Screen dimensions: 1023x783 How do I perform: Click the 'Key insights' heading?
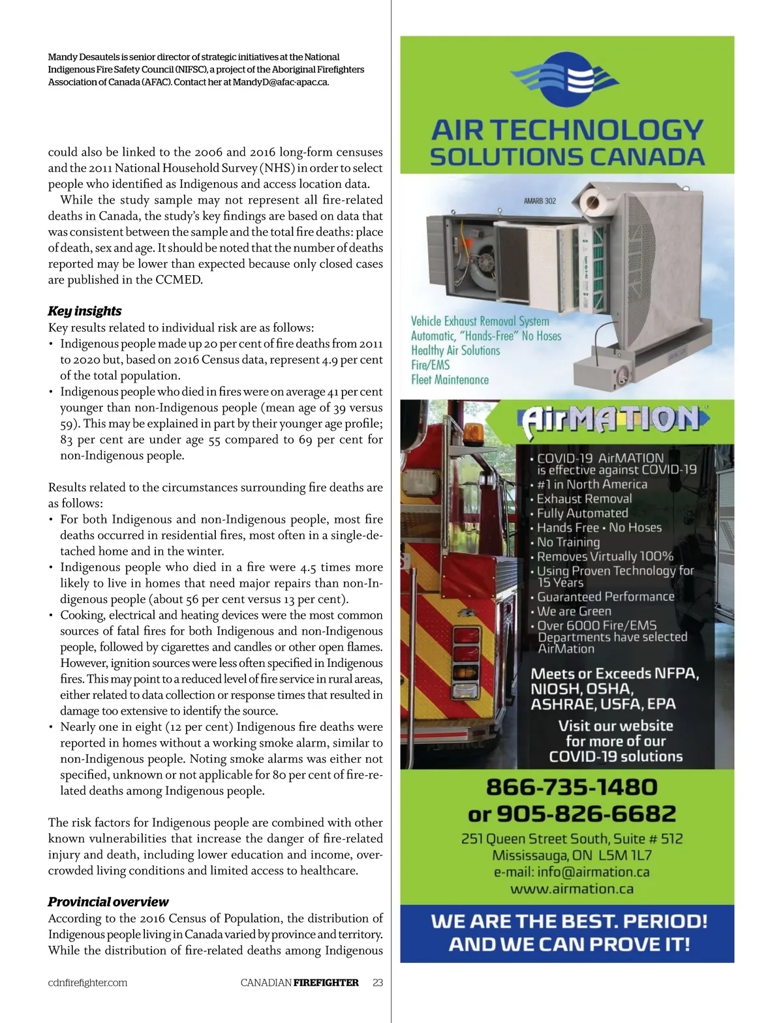pos(85,311)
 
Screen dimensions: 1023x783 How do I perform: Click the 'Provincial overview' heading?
pos(108,902)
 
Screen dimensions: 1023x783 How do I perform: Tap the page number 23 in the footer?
pos(378,983)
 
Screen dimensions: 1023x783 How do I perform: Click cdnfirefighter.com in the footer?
pos(87,983)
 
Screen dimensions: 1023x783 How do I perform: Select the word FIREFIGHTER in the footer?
pos(326,983)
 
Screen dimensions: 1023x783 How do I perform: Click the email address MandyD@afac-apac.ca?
pos(281,82)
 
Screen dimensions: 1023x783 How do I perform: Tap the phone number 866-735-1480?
pos(572,787)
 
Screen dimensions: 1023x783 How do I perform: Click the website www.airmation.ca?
pos(572,889)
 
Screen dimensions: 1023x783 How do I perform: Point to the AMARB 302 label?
pos(540,201)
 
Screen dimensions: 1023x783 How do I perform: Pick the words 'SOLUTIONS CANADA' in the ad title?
pos(567,157)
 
